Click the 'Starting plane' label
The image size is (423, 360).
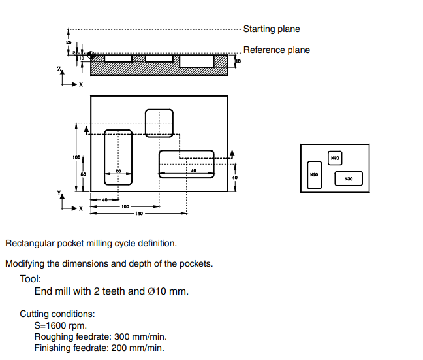tap(272, 29)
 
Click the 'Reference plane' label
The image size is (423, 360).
tap(277, 50)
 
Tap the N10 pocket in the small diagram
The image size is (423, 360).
tap(314, 175)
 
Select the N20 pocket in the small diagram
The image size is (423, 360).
tap(335, 158)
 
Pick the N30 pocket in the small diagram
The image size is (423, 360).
tap(349, 178)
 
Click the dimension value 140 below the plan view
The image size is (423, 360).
tap(138, 214)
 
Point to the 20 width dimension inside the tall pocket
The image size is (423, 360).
tap(118, 171)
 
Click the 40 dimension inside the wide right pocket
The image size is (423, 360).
tap(193, 171)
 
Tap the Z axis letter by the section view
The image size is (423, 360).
tap(59, 67)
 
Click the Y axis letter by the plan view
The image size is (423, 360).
tap(59, 193)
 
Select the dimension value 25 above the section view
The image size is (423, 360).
tap(69, 42)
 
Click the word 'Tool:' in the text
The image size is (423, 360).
tap(31, 278)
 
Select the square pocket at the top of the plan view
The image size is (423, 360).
tap(159, 123)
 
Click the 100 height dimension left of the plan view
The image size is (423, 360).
tap(76, 157)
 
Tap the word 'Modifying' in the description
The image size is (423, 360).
tap(27, 264)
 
